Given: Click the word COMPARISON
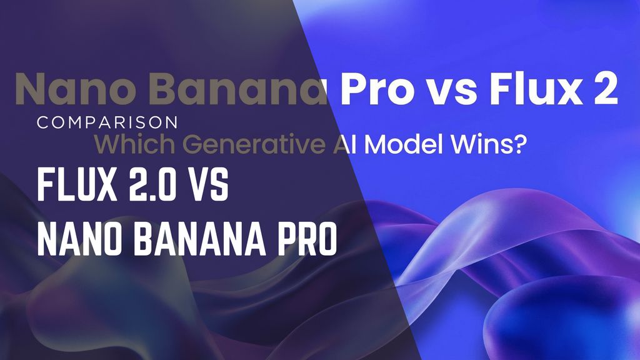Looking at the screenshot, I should click(x=107, y=121).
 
